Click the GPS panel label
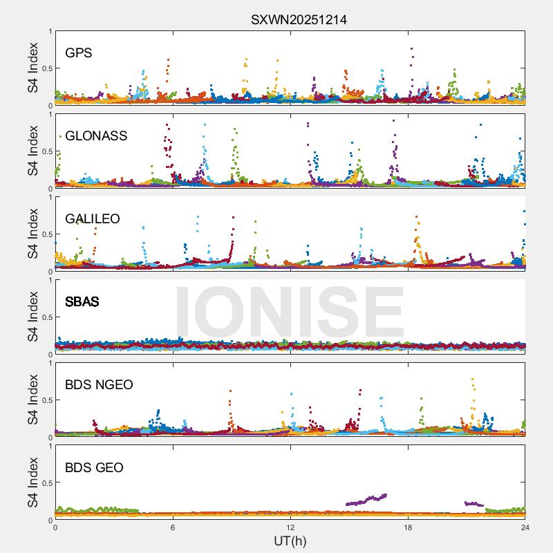coord(79,53)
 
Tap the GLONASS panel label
coord(96,135)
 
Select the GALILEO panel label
coord(92,218)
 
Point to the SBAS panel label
coord(82,301)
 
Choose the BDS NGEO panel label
coord(99,384)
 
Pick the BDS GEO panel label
coord(94,468)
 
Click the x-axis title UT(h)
coord(290,541)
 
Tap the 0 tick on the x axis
coord(55,527)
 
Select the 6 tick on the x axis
coord(173,527)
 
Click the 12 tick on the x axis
coord(290,527)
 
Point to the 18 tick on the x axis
coord(408,527)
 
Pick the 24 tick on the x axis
coord(525,527)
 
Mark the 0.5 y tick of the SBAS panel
coord(46,317)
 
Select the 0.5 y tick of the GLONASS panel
coord(46,151)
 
